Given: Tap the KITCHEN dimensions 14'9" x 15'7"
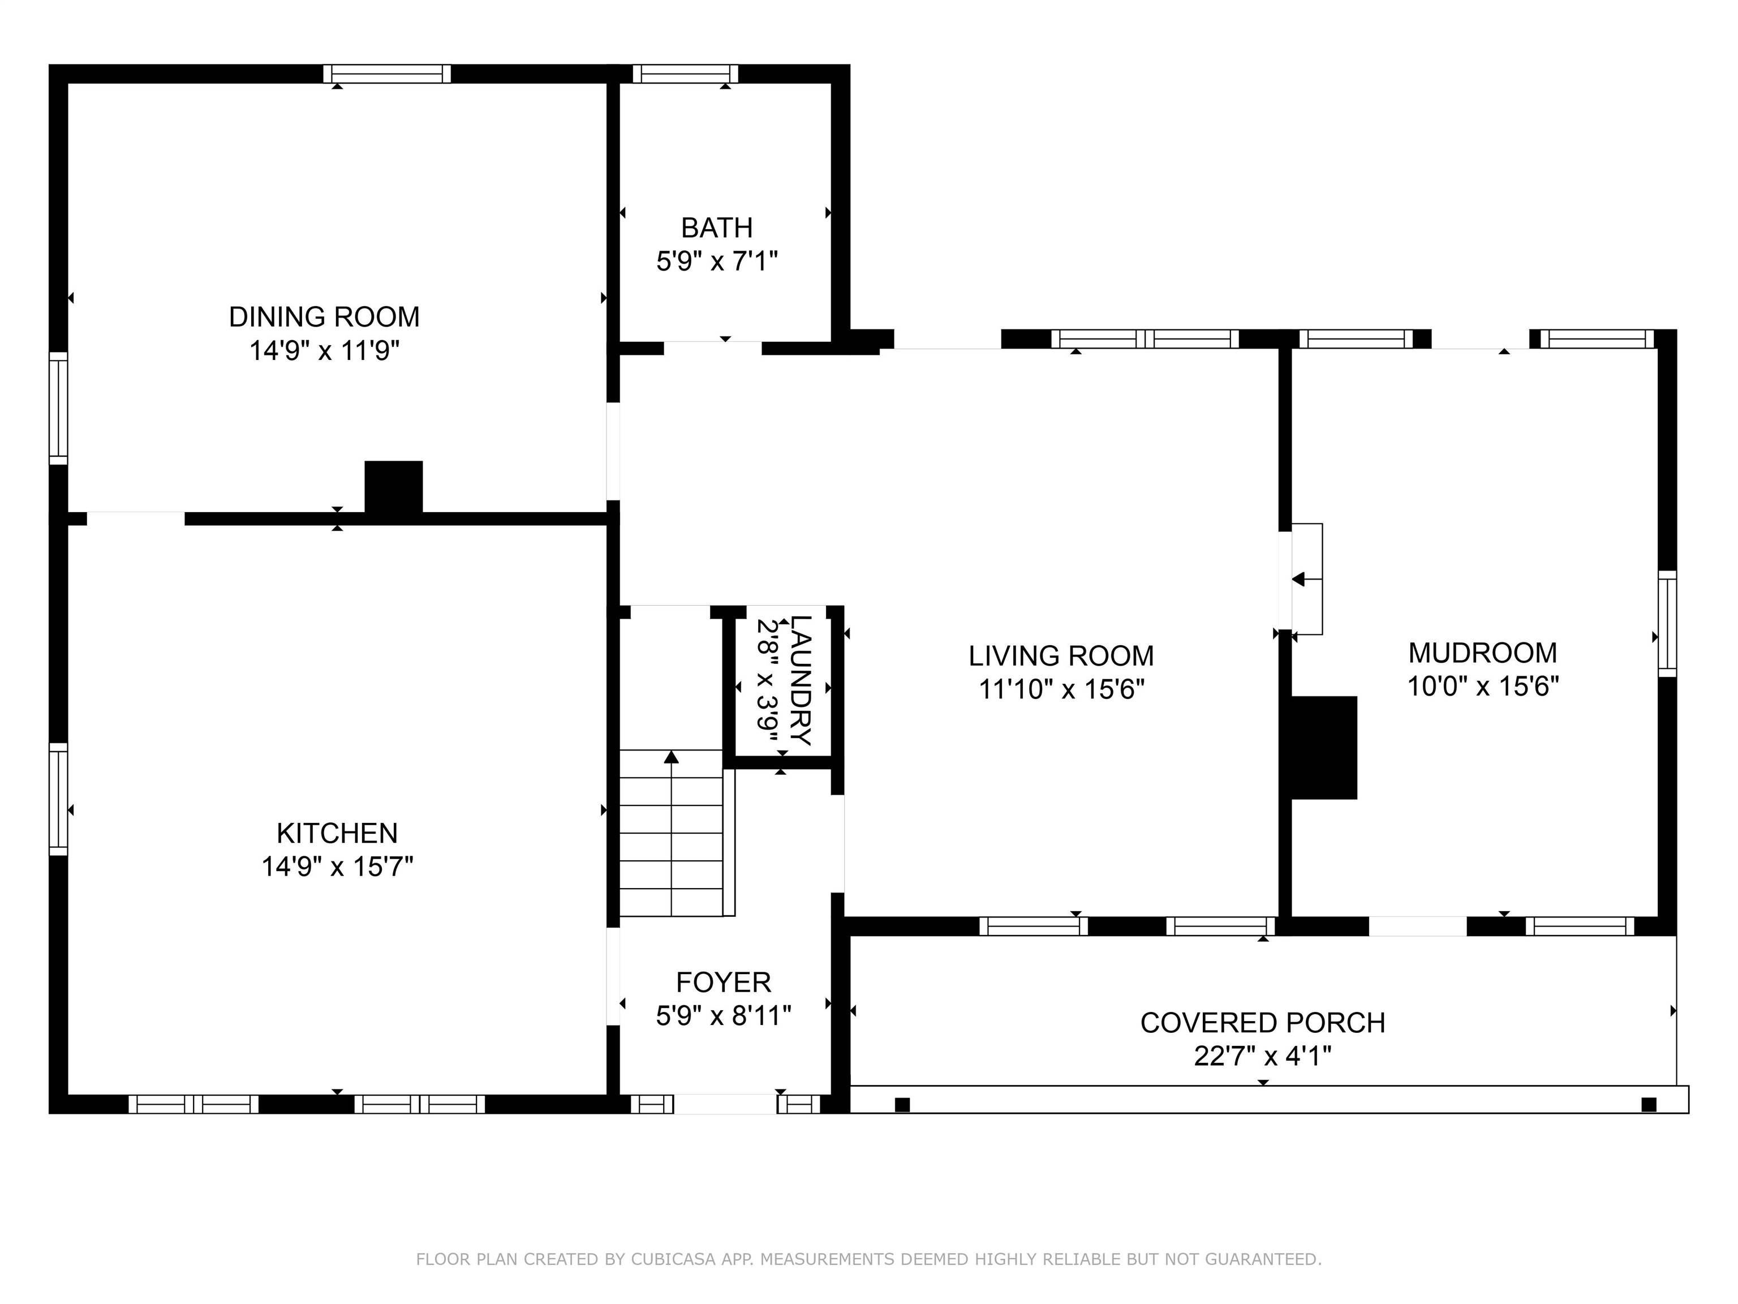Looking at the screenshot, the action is pos(337,866).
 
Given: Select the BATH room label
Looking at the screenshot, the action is pos(717,228).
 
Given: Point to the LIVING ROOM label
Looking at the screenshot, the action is pos(1061,655).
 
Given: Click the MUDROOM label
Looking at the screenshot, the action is pos(1483,653).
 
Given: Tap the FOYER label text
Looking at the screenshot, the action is pos(724,982).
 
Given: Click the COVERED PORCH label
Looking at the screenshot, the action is pos(1263,1023).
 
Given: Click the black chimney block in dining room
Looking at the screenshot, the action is pos(394,487).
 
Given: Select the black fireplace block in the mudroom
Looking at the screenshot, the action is pos(1324,748).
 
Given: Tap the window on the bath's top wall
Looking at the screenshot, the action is pos(685,74).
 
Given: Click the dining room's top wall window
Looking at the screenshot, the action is pos(388,74).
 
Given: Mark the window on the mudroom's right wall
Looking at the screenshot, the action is pos(1667,623).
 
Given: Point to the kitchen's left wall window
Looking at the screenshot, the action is pos(58,799).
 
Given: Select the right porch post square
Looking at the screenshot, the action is pos(1649,1104).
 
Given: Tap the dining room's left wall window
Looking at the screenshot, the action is pos(58,408).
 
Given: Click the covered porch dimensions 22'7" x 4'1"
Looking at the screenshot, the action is pos(1263,1056).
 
